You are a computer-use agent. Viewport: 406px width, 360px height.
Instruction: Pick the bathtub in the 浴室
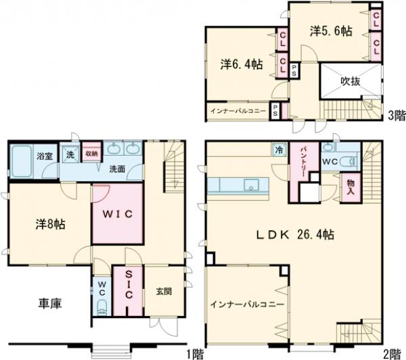click(24, 163)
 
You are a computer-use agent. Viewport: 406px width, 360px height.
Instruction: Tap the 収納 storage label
click(91, 153)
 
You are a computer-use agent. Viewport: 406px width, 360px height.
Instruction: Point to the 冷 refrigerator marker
click(279, 151)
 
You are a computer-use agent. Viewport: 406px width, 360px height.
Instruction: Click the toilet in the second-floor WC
click(347, 162)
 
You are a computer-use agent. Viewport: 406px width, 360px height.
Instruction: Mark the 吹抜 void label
click(350, 82)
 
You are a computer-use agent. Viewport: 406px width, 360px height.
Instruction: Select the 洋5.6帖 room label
click(331, 30)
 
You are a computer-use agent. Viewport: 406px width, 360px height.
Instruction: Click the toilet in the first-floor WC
click(101, 307)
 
